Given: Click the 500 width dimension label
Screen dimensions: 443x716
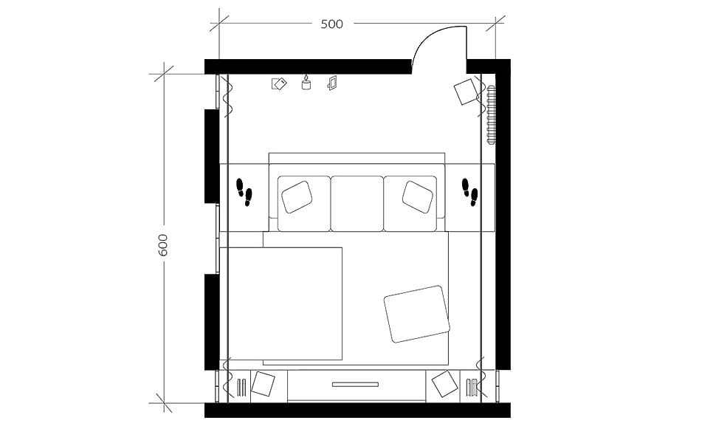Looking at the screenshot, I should (x=331, y=24).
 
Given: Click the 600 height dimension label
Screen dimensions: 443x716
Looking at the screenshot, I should (x=163, y=245).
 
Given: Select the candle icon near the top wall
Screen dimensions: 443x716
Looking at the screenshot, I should (x=306, y=83).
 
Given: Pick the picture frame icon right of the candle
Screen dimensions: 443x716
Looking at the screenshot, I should (x=332, y=83).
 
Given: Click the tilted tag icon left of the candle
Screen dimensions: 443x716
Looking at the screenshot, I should (x=279, y=83).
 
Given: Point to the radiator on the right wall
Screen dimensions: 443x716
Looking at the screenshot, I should (x=492, y=114).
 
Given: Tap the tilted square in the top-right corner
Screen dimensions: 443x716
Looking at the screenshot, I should (x=467, y=92).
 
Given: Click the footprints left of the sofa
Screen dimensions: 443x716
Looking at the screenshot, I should (x=244, y=190).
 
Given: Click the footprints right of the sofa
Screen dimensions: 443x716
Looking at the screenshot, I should (x=469, y=190).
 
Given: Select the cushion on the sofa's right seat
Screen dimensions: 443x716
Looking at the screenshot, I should (x=418, y=196).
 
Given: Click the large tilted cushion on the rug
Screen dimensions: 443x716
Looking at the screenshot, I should (x=417, y=314).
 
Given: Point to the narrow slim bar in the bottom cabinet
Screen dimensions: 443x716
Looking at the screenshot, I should (x=355, y=384).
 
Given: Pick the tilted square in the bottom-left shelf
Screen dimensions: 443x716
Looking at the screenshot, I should (x=263, y=384).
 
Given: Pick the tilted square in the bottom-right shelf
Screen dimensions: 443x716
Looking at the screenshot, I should (x=445, y=384).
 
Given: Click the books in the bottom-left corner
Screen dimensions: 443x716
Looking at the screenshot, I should (x=241, y=386).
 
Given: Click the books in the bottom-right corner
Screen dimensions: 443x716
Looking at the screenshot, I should (x=471, y=386).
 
